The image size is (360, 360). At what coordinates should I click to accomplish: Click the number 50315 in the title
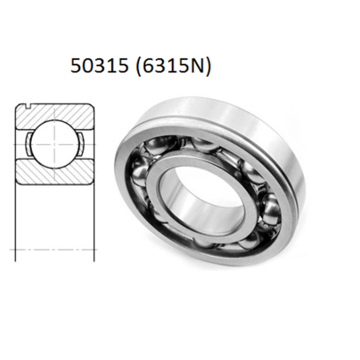[98, 67]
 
